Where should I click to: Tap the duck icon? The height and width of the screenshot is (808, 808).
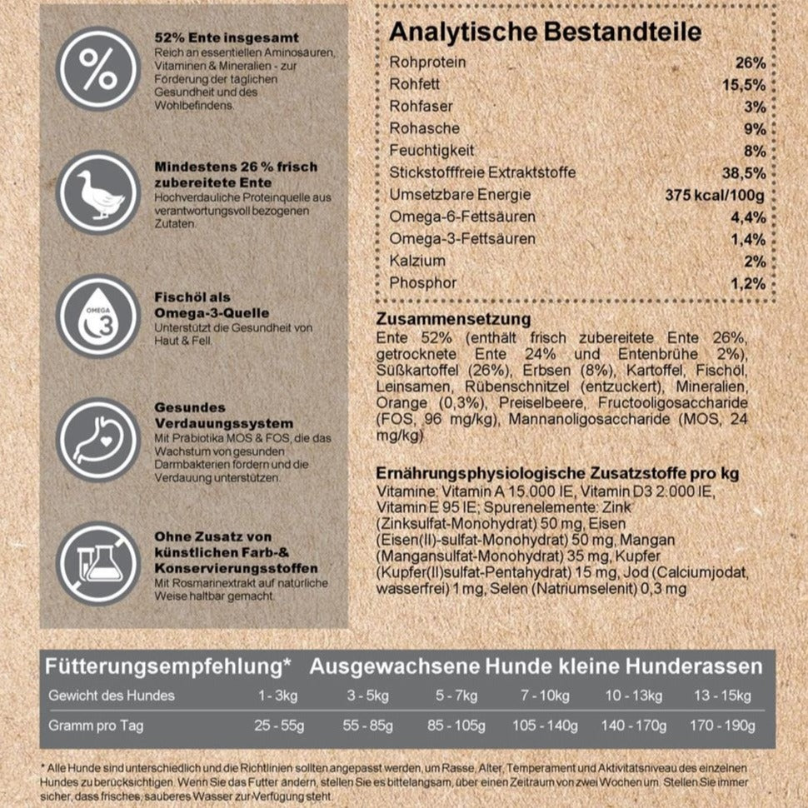coord(98,193)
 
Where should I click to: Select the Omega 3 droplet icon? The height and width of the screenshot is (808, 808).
coord(98,317)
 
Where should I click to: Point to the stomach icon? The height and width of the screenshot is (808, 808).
coord(98,440)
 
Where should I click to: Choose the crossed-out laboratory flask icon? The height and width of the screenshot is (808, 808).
coord(98,563)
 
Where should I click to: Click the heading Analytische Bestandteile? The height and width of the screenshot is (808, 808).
coord(545,32)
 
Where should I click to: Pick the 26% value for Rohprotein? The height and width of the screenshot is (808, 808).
coord(750,63)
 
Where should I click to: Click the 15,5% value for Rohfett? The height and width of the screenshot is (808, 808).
coord(745,85)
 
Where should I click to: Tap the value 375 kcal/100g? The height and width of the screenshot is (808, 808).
coord(715,196)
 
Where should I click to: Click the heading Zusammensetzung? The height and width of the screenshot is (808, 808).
coord(453,320)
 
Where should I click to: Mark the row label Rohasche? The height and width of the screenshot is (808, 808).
coord(423,129)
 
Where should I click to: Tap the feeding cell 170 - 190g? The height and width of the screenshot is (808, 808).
coord(721,726)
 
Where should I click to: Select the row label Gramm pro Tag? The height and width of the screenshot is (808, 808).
coord(96,726)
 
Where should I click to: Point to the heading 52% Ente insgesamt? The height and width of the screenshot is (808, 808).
coord(227,38)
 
